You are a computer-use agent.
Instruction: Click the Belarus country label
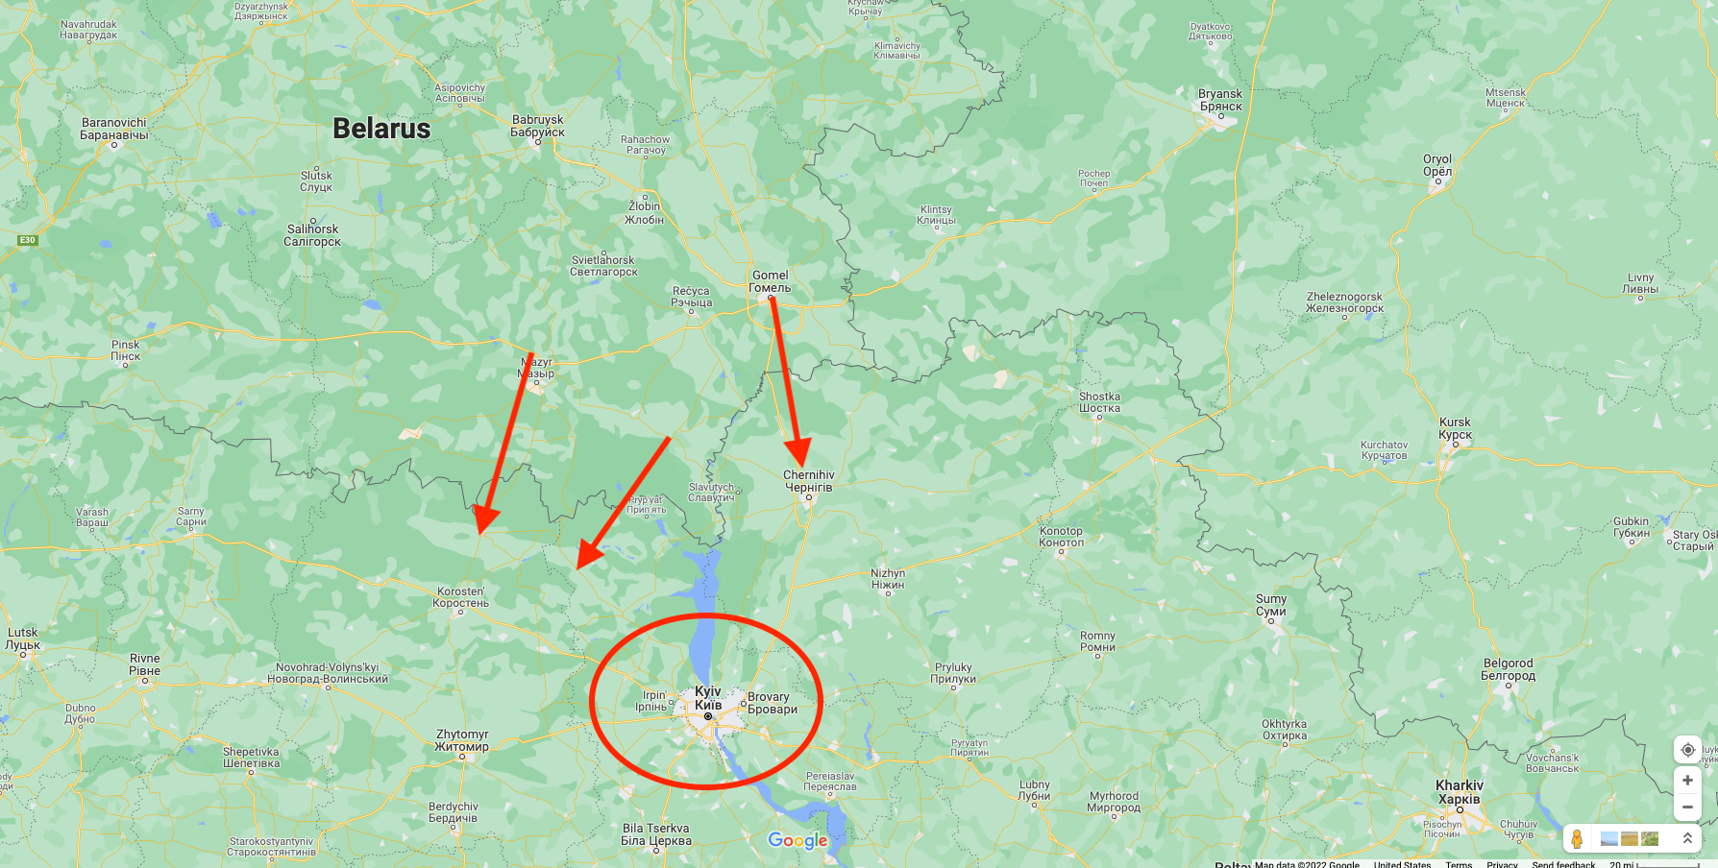click(381, 129)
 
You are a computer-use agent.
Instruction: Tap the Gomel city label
click(771, 281)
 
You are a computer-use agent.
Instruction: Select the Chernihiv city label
click(809, 481)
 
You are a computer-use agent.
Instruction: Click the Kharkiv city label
click(1460, 792)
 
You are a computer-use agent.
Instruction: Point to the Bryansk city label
click(1220, 100)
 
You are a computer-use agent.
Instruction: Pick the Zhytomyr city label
click(462, 740)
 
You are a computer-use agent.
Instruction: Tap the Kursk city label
click(1455, 428)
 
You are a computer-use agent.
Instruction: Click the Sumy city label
click(1271, 605)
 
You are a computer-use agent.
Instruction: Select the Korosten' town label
click(460, 597)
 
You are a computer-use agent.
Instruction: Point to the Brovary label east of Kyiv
click(772, 703)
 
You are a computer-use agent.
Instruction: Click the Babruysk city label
click(538, 126)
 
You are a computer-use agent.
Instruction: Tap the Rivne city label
click(145, 664)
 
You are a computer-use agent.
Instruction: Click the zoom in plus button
click(1687, 780)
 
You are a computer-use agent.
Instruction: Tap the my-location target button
click(1687, 750)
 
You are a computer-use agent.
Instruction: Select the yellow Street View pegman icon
click(1577, 838)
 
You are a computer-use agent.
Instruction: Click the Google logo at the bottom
click(798, 841)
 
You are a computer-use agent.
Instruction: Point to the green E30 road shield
click(27, 240)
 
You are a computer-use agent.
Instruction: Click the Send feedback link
click(1563, 864)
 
